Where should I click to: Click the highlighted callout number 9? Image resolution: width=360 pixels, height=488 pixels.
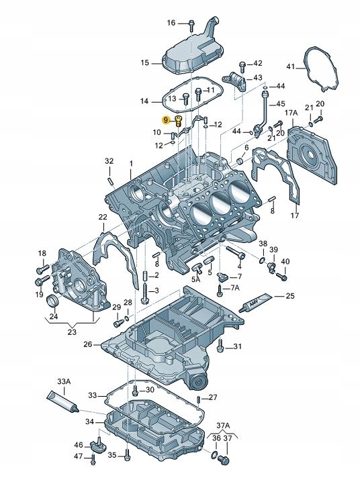coord(165,119)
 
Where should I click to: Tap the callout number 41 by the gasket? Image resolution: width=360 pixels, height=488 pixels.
coord(290,66)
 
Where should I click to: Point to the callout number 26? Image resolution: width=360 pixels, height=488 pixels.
coord(87,344)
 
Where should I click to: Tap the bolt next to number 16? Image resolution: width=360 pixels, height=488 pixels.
coord(192,26)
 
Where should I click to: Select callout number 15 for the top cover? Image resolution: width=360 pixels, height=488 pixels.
coord(145,63)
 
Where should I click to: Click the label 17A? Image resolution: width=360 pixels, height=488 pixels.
coord(291,113)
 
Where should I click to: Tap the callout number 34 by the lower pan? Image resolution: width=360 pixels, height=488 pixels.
coord(89,422)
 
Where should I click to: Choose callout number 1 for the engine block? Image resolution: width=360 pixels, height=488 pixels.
coord(131,164)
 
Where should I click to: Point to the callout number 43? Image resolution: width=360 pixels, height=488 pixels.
coord(258,79)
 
